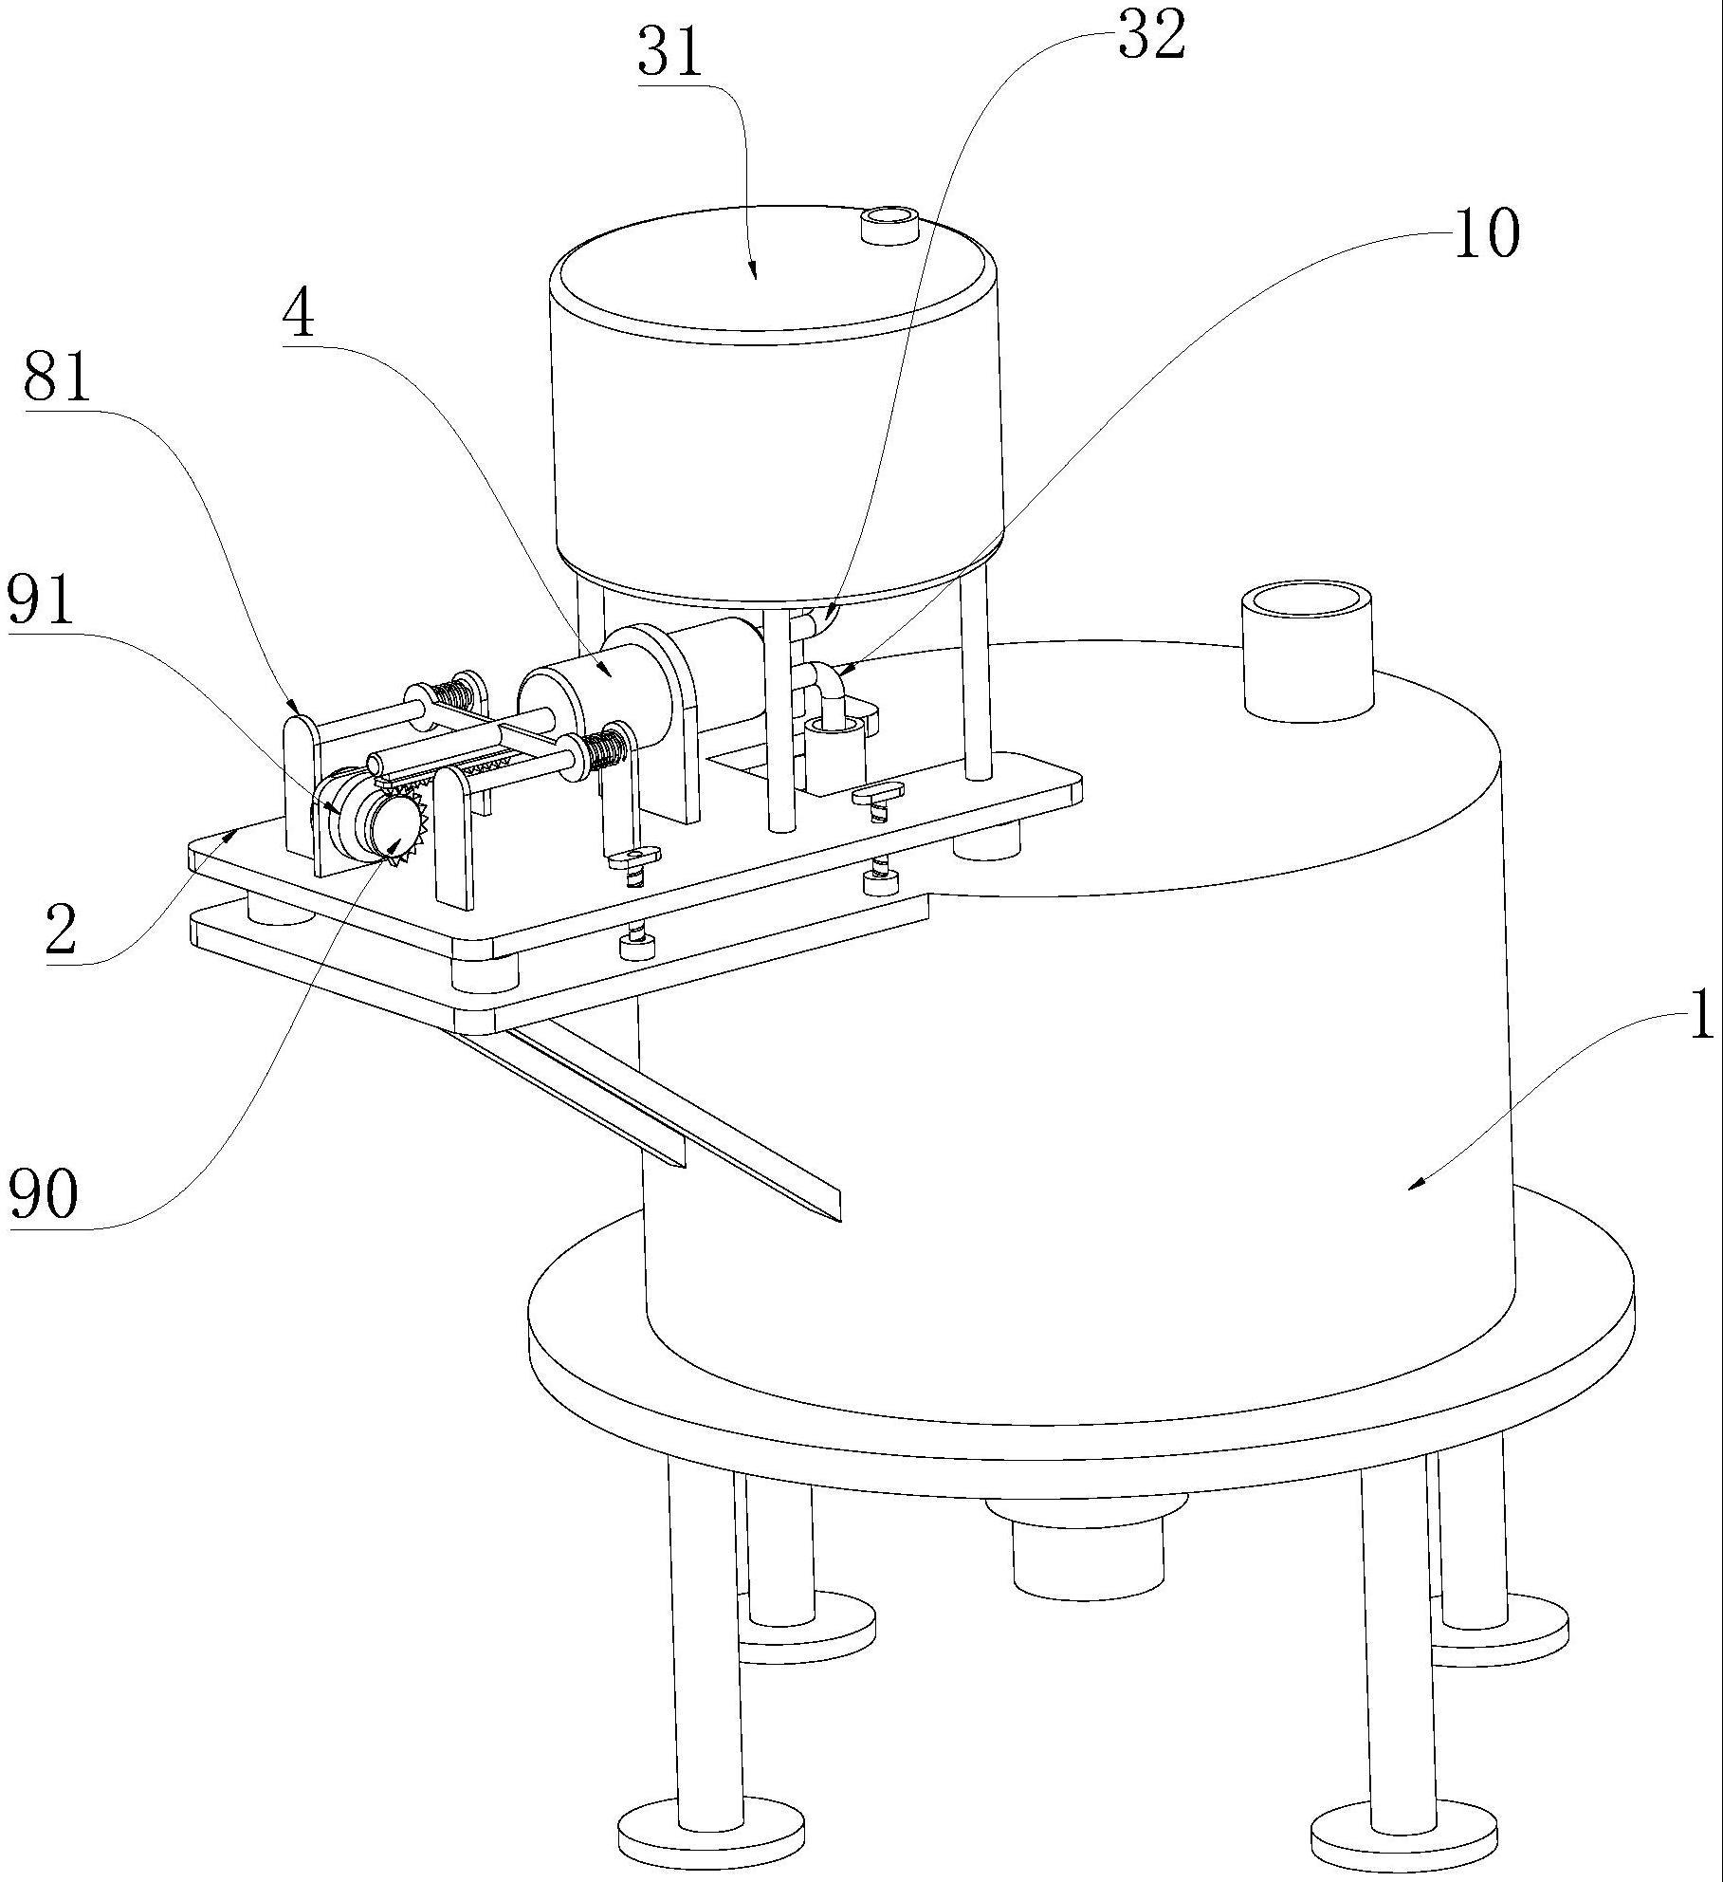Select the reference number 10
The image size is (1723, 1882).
(1486, 233)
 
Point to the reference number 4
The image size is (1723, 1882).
(299, 316)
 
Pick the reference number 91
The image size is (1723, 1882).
(41, 600)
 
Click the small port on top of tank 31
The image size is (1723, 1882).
(889, 226)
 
